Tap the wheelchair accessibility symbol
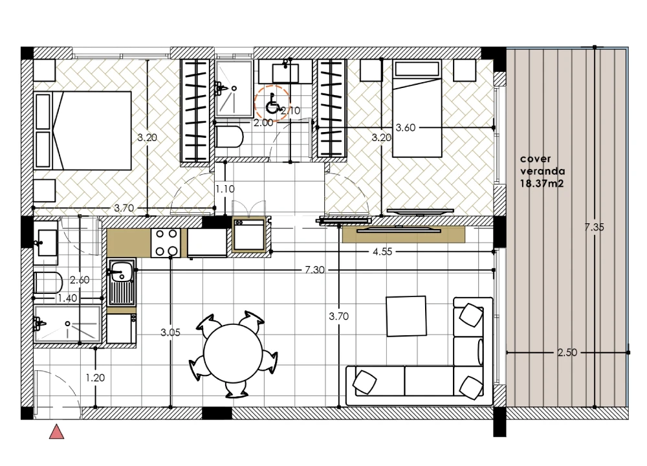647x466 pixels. coord(272,103)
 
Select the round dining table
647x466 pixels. coord(233,353)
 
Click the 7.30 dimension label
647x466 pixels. coord(314,270)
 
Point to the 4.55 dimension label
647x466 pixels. coord(382,251)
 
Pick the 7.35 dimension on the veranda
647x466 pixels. coord(594,227)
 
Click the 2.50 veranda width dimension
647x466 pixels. coord(567,353)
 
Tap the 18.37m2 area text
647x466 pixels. coord(542,184)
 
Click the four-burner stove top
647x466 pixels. coord(166,243)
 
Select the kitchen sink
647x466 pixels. coord(122,282)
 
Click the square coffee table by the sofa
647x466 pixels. coord(406,316)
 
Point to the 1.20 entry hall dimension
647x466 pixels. coord(95,377)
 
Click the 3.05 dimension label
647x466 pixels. coord(170,332)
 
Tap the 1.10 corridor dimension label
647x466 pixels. coord(225,189)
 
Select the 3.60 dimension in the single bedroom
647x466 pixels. coord(406,128)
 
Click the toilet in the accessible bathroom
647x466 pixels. coord(228,137)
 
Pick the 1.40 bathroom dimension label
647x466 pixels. coord(67,298)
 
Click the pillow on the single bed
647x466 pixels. coord(417,69)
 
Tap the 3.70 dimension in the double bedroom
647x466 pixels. coord(124,208)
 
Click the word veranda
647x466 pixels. coord(543,171)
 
